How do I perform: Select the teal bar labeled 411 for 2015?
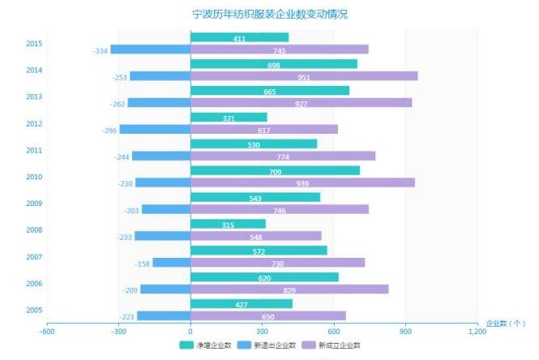[x=239, y=37]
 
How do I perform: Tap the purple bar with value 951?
[x=304, y=76]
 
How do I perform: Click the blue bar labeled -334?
[x=150, y=49]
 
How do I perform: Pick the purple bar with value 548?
[x=255, y=236]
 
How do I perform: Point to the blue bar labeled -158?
[x=171, y=263]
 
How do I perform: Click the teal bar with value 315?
[x=228, y=224]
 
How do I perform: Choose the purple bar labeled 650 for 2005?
[x=267, y=316]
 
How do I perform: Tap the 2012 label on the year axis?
[x=34, y=123]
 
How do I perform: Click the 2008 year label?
[x=34, y=230]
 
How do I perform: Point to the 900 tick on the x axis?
[x=405, y=331]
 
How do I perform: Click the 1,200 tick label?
[x=477, y=331]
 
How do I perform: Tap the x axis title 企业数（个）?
[x=506, y=323]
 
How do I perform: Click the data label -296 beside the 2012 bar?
[x=109, y=130]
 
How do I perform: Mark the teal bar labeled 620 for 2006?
[x=264, y=277]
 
